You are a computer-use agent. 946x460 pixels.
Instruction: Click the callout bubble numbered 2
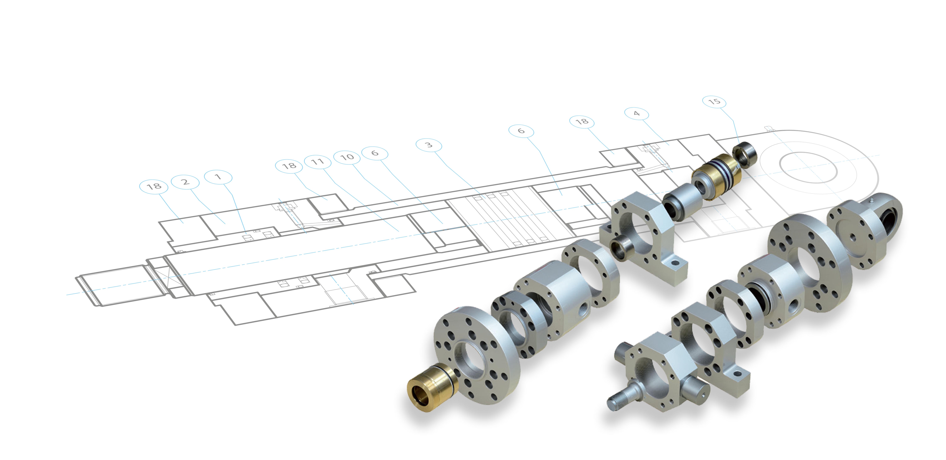click(x=185, y=182)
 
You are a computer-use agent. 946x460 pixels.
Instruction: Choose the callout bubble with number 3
click(x=429, y=145)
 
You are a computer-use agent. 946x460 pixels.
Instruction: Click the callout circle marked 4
click(x=636, y=114)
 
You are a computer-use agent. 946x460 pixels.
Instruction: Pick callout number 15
click(x=714, y=101)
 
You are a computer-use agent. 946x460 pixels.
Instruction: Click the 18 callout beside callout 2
click(x=154, y=186)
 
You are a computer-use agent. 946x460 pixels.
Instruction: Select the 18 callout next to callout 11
click(x=289, y=166)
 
